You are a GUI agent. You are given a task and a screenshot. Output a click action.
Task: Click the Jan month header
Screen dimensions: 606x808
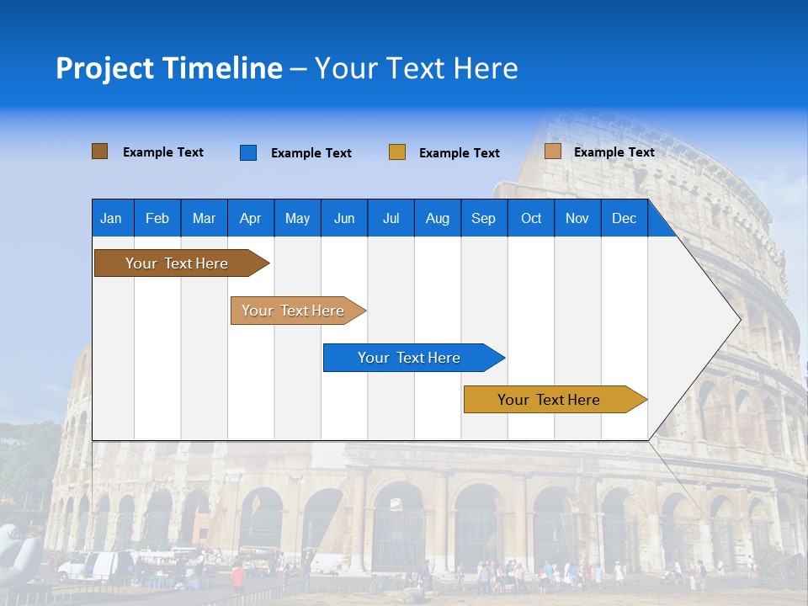click(112, 218)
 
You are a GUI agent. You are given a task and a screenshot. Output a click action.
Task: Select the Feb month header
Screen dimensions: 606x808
click(157, 218)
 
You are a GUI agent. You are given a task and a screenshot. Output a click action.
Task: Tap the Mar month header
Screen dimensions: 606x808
click(204, 218)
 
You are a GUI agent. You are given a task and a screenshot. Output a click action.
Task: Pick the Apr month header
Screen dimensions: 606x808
click(250, 218)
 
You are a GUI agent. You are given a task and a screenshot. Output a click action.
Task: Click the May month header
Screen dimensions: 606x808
click(297, 218)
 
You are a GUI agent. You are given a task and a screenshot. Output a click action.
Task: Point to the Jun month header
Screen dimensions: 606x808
click(344, 218)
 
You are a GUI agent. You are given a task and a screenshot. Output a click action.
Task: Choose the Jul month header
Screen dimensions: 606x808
click(391, 218)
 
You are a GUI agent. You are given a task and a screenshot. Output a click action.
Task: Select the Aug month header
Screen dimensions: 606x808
click(438, 218)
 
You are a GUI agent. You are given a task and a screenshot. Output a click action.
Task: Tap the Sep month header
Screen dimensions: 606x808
click(484, 218)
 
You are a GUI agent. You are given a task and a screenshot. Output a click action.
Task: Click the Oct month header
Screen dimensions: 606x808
click(531, 218)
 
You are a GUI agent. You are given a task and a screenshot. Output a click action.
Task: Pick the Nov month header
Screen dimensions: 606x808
click(577, 218)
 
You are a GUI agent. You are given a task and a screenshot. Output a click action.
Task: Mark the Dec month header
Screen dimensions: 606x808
click(625, 218)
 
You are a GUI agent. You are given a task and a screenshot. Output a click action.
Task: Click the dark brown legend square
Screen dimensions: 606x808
click(100, 151)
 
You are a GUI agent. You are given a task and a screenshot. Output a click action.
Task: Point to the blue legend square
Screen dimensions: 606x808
click(248, 152)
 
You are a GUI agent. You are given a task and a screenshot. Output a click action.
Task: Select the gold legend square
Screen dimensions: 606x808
click(397, 152)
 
